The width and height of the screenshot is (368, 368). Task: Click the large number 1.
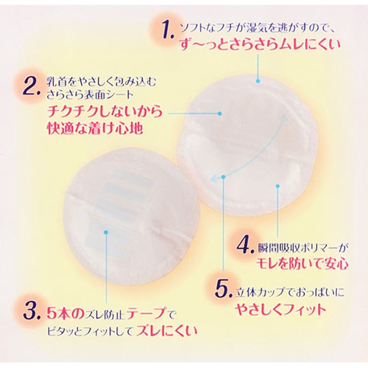point(167,29)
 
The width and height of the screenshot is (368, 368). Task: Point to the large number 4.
point(245,246)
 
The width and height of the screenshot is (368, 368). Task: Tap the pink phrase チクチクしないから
point(105,111)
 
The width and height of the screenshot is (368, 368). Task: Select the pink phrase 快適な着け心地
point(95,129)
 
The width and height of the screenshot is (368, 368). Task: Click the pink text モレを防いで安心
point(302,264)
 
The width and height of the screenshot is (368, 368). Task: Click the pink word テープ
point(146,313)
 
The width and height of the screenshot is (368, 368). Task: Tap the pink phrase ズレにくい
point(167,331)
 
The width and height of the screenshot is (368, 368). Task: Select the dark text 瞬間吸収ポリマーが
point(303,248)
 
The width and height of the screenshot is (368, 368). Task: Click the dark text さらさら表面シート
point(90,95)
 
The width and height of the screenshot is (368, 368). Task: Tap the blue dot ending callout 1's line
point(258,81)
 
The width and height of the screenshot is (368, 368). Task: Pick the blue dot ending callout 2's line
point(220,113)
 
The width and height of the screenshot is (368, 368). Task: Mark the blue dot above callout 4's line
point(278,186)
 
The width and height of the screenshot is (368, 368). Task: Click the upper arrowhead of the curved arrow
point(284,116)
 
